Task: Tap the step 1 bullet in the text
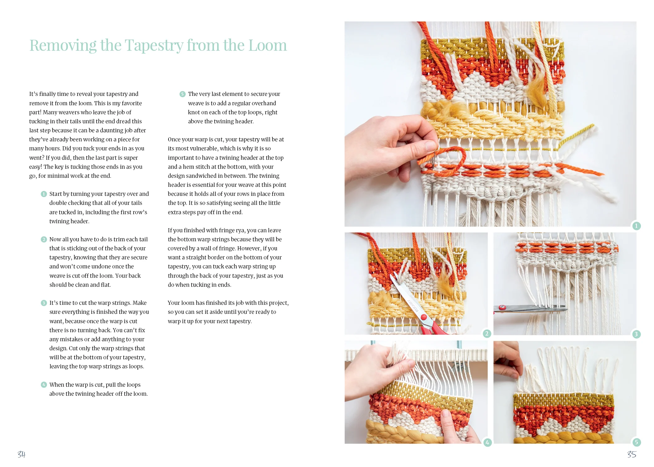44,194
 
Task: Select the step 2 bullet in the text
44,239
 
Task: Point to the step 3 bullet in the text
44,303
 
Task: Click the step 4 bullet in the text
44,385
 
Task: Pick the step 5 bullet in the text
182,94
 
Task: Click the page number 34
21,455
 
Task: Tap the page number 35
632,455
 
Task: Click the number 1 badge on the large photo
636,226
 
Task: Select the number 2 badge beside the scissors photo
487,334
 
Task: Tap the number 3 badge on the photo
636,334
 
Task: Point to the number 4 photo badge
487,442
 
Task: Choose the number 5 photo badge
636,442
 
